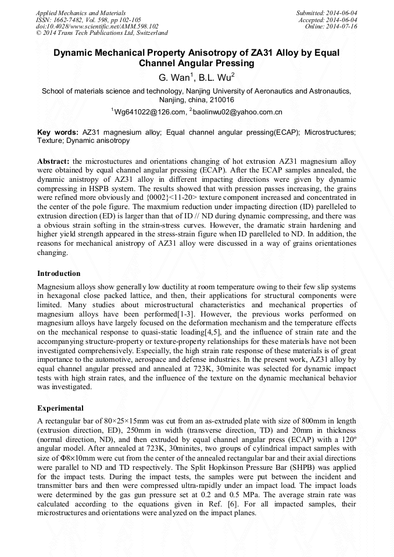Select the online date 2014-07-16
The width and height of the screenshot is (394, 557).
coord(343,26)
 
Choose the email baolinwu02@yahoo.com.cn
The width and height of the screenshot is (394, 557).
coord(238,112)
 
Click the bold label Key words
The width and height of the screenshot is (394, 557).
coord(58,132)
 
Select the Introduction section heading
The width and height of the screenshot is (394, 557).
coord(59,274)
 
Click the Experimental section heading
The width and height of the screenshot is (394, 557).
coord(60,408)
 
